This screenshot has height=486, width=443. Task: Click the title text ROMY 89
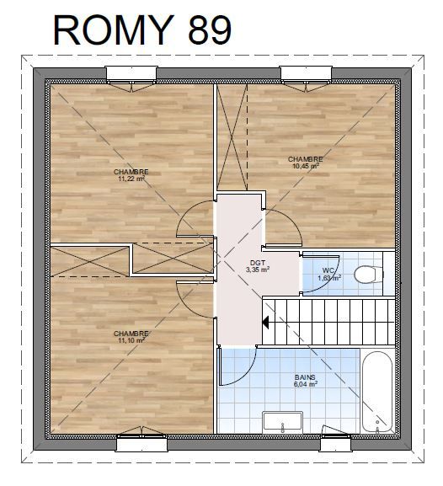[x=142, y=30]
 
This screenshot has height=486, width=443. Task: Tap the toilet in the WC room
[x=369, y=274]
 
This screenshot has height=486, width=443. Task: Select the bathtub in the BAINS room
[x=377, y=392]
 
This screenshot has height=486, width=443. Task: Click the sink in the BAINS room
[x=282, y=422]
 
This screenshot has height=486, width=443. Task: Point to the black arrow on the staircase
[x=265, y=323]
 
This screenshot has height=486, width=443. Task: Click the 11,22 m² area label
[x=131, y=179]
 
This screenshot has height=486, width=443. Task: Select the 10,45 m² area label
[x=306, y=166]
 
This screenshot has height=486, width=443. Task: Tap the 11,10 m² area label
[x=131, y=340]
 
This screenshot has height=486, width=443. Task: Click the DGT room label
[x=258, y=263]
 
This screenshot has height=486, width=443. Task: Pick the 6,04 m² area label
[x=306, y=384]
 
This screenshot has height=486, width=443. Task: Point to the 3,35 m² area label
[x=258, y=270]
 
